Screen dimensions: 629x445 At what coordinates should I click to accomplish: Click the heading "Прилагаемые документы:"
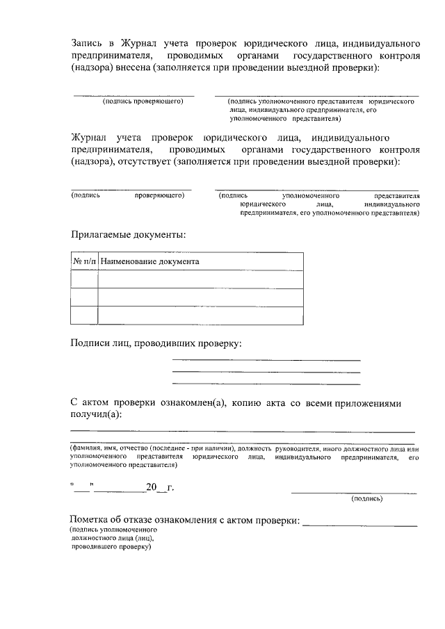coord(128,234)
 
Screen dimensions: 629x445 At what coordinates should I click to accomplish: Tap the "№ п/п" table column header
coord(84,262)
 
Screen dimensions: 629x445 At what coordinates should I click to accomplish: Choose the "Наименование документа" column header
coord(149,262)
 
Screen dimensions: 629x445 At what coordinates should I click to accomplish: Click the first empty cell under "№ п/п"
coord(84,279)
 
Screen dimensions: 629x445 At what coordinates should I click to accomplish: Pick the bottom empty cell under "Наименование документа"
coord(200,316)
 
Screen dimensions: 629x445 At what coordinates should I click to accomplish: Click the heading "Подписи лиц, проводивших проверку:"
coord(156,343)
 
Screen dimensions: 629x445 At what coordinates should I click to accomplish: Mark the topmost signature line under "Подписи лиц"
coord(266,360)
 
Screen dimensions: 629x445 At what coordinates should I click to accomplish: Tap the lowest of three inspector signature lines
coord(266,384)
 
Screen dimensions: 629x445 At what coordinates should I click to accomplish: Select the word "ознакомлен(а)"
coord(193,402)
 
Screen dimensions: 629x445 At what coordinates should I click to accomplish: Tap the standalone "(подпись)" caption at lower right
coord(366,498)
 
